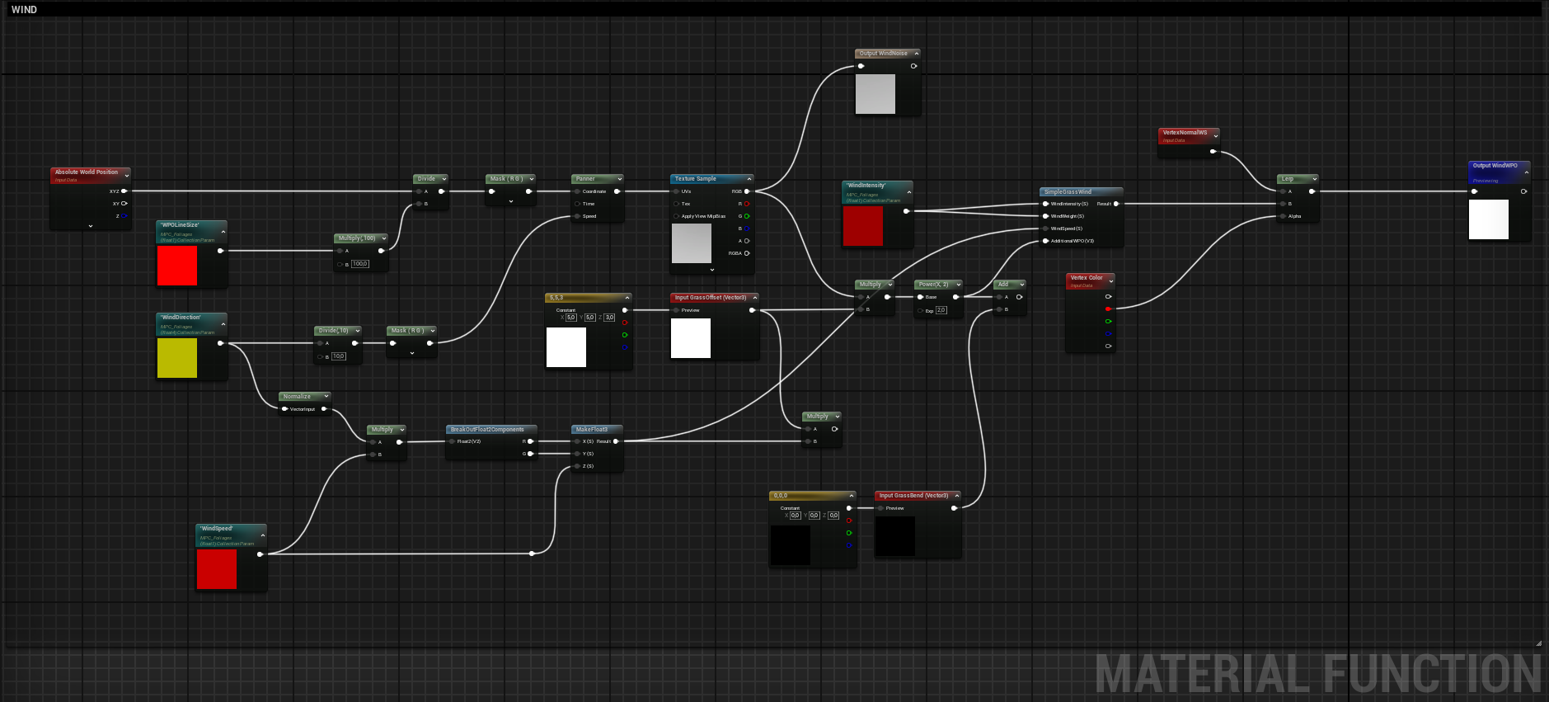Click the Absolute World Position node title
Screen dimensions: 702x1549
point(87,172)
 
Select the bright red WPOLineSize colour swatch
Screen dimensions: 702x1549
point(177,266)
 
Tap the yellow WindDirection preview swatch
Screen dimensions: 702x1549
point(177,358)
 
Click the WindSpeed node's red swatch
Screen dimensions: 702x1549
point(217,569)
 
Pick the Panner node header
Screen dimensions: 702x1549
point(586,179)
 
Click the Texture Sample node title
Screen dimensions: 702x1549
point(696,179)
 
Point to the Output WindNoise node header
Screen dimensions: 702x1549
point(883,54)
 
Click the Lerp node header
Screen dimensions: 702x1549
point(1288,179)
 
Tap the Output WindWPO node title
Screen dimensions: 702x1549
point(1495,166)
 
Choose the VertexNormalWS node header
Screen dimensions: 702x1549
point(1185,133)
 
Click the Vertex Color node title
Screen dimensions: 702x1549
point(1086,278)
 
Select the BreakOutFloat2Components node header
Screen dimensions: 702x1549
point(487,430)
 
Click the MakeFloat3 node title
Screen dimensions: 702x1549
point(592,430)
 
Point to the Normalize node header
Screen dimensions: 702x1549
point(298,397)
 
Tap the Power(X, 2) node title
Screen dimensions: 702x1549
point(933,285)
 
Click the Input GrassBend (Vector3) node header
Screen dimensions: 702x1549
point(913,496)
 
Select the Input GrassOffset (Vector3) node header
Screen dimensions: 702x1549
point(711,298)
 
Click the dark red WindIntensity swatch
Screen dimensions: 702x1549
point(863,226)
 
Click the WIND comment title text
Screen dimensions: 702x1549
point(24,10)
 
